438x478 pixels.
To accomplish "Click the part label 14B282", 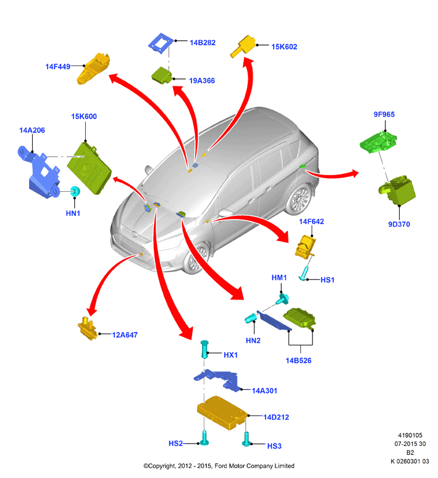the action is pos(202,43).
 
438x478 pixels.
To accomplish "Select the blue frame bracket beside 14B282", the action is pos(161,44).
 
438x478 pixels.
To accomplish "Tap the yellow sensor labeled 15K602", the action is pos(243,46).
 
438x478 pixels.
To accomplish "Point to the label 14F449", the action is pos(57,67).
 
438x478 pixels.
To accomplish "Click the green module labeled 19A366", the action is pos(162,75).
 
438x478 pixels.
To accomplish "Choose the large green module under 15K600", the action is pos(89,168).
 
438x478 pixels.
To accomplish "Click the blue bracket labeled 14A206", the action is pos(39,172).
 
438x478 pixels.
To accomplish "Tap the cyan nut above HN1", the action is pos(75,191).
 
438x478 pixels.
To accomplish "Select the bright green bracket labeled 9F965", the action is pos(378,142).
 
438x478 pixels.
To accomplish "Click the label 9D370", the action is pos(399,225).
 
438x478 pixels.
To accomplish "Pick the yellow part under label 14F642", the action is pos(305,247).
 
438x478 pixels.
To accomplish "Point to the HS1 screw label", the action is pos(327,280).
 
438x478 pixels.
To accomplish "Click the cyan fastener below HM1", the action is pos(282,299).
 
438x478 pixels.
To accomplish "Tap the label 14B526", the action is pos(298,361).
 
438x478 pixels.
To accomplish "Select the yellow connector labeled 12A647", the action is pos(87,329).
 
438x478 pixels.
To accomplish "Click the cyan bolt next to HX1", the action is pos(204,349).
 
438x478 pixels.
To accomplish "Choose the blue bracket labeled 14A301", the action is pos(216,379).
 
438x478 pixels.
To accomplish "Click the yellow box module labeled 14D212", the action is pos(222,413).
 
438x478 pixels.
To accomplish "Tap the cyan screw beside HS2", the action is pos(204,438).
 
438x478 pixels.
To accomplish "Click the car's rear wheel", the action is pos(300,199).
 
